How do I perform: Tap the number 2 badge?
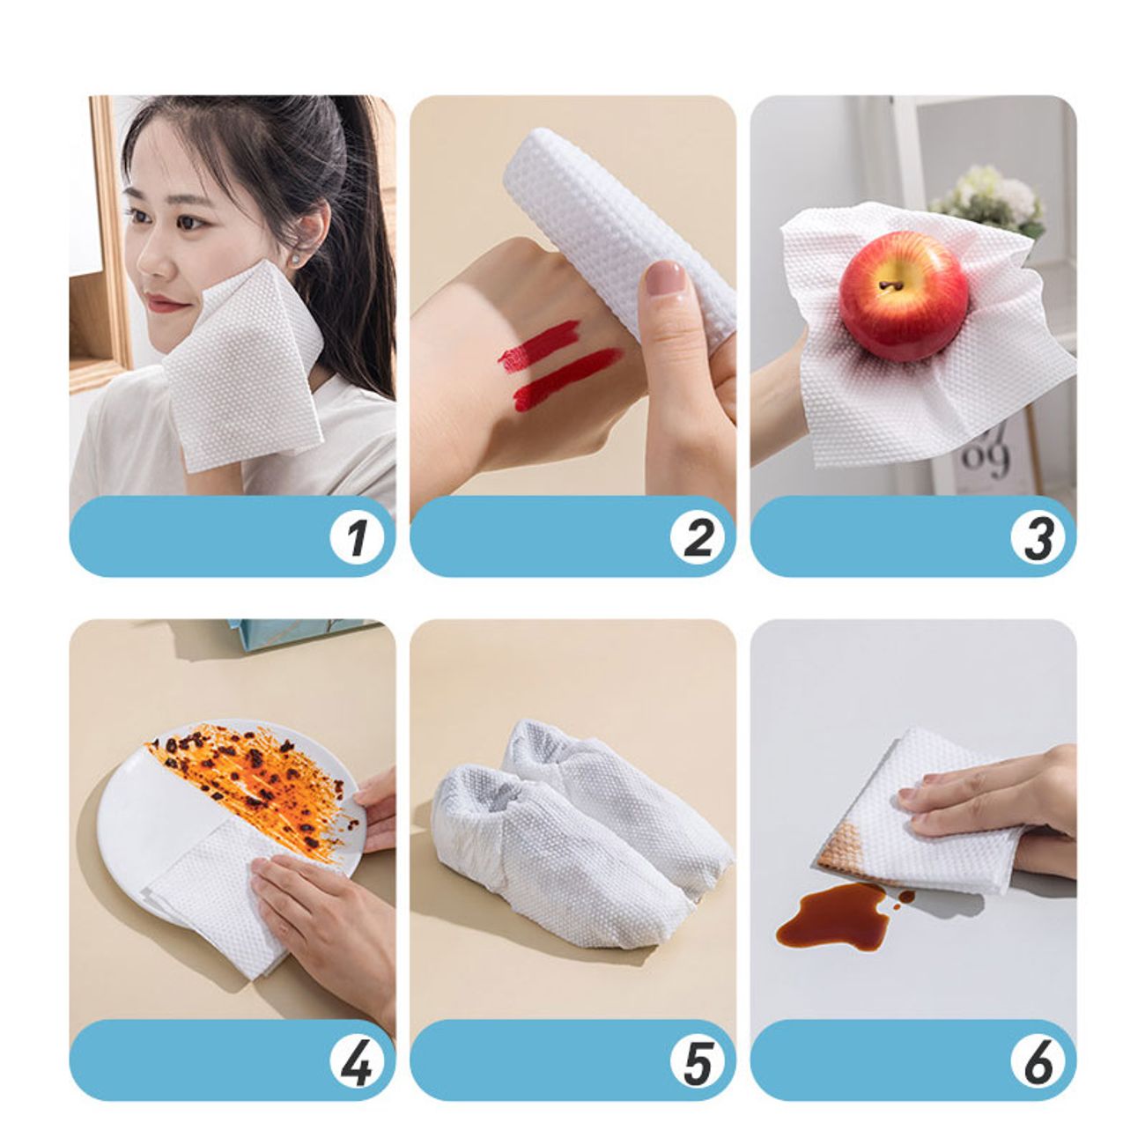(x=697, y=537)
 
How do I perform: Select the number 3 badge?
(x=1038, y=537)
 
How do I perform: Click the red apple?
(x=903, y=295)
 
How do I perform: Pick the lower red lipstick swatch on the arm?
(x=567, y=379)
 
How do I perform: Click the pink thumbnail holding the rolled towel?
(x=666, y=278)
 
